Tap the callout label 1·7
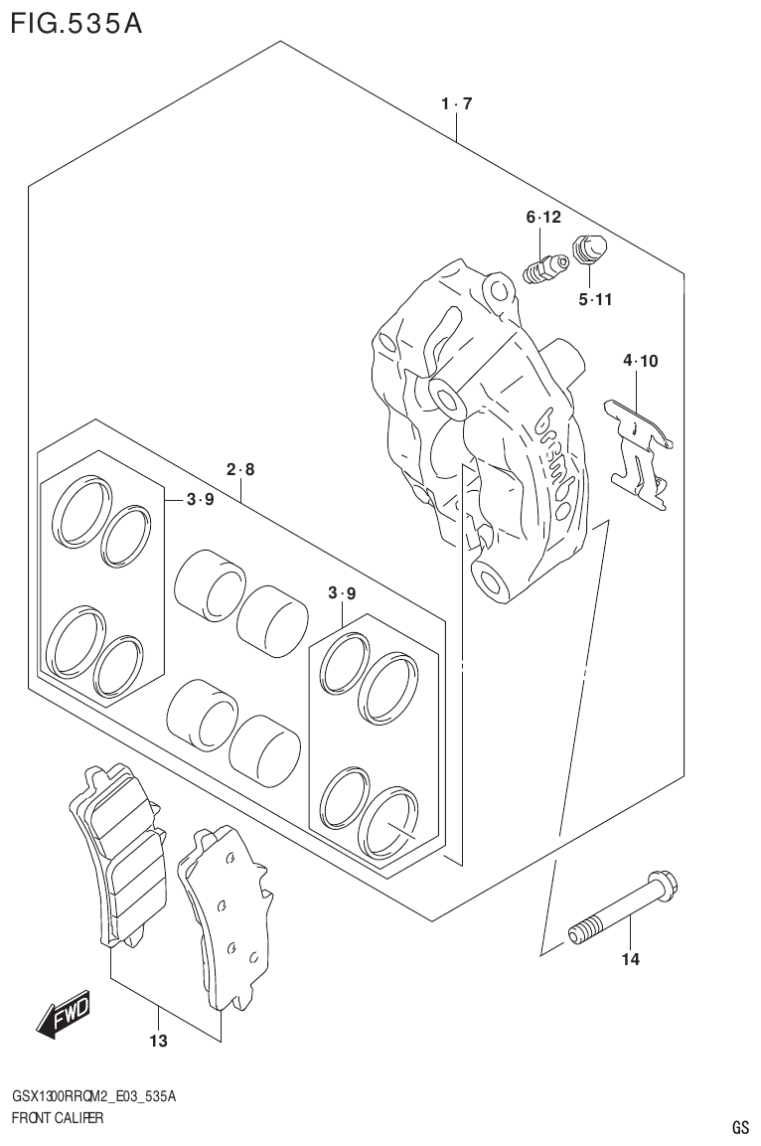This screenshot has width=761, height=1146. point(456,103)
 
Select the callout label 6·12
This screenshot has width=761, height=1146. point(543,218)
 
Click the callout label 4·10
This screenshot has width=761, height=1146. point(640,361)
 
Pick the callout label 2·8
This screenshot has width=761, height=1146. point(239,469)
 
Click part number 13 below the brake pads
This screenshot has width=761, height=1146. point(157,1042)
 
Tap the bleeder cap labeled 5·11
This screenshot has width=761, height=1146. point(592,250)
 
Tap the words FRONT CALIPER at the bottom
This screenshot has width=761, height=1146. point(58,1118)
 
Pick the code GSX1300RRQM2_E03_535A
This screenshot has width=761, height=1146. point(94,1097)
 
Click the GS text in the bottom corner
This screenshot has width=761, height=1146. point(739,1127)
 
